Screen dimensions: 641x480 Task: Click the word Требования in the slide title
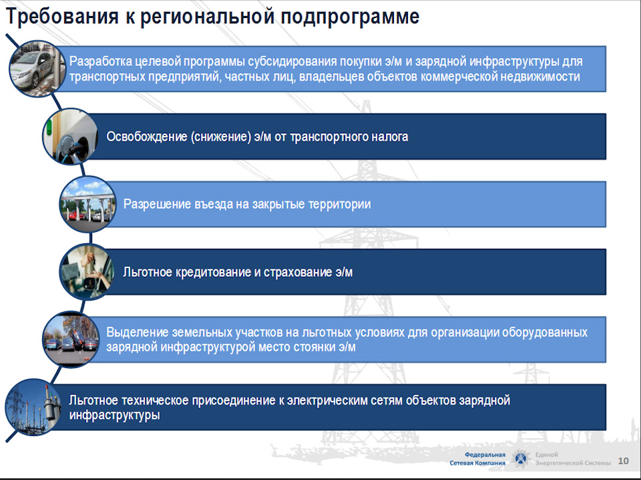pos(62,17)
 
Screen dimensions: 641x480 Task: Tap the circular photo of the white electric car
pos(37,69)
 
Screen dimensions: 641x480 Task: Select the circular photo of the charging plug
pos(71,136)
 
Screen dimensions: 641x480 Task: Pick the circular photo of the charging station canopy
pos(88,204)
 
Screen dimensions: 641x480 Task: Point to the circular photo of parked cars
pos(71,339)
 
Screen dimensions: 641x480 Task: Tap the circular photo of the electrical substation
pos(33,407)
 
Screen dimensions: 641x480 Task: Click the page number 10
pos(623,461)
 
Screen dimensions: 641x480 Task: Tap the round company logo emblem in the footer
pos(520,459)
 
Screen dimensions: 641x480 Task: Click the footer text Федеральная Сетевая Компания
pos(477,459)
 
